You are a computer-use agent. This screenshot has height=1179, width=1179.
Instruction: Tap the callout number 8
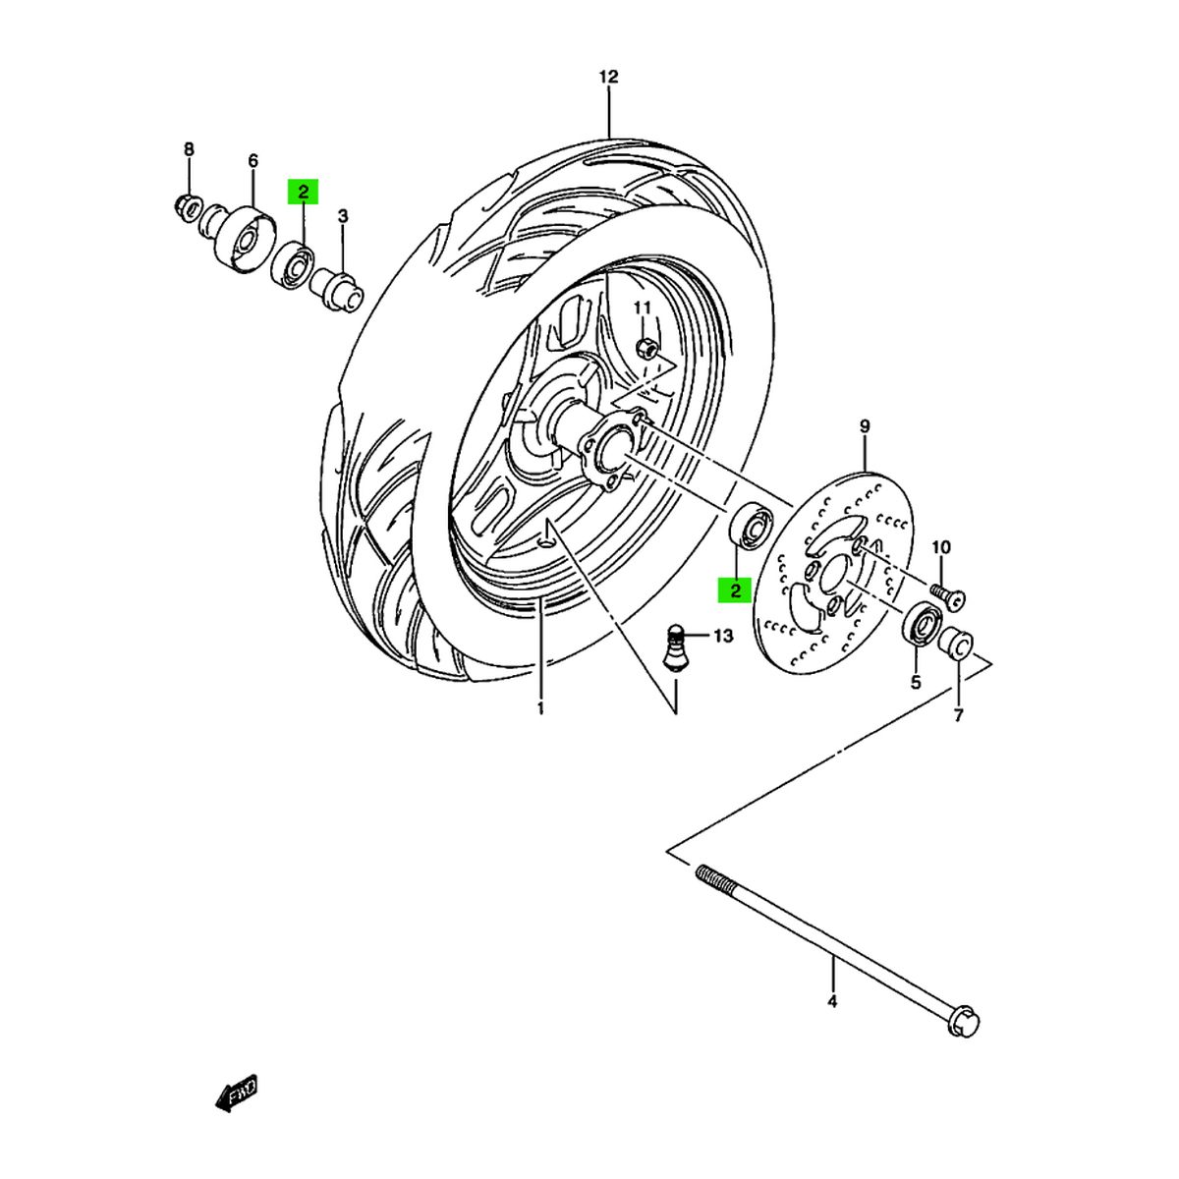(x=190, y=149)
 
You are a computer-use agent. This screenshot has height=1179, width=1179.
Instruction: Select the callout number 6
(x=253, y=160)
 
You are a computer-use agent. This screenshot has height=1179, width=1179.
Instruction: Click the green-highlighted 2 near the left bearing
(x=303, y=192)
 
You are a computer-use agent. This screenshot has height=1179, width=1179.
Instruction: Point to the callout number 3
(x=343, y=216)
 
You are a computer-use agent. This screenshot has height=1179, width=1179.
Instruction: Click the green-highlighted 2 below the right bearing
(x=734, y=589)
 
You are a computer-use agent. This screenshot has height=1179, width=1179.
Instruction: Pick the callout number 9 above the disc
(x=865, y=426)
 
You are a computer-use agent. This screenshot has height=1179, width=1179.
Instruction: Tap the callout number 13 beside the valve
(x=723, y=637)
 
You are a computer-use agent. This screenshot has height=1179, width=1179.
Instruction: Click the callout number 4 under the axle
(x=832, y=1002)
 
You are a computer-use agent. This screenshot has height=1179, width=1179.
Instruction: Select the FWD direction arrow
(x=236, y=1091)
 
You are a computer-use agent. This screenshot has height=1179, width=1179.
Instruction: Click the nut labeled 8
(x=184, y=206)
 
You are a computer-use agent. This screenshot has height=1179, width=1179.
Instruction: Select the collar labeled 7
(x=956, y=645)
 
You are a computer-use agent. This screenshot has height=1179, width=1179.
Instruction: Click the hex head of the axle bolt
(x=964, y=1021)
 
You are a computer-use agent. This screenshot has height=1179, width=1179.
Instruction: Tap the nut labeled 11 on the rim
(x=646, y=347)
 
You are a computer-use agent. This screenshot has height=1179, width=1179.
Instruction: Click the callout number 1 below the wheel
(x=539, y=707)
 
